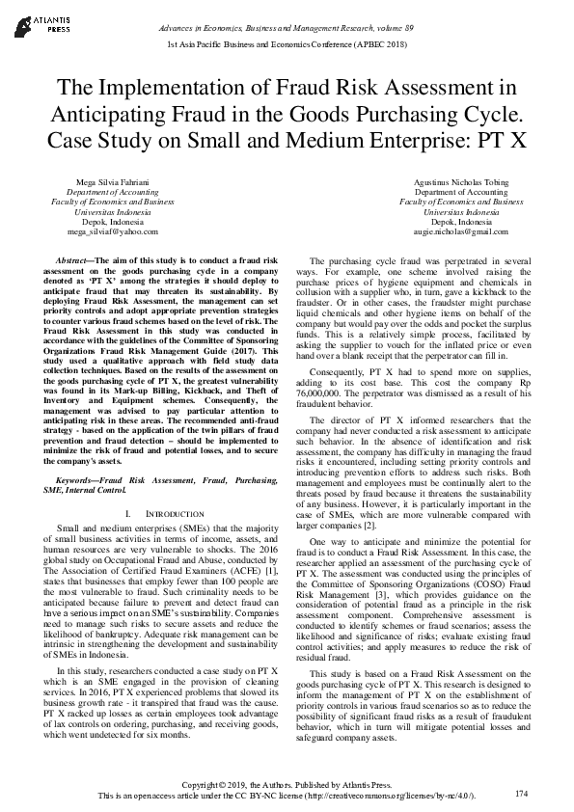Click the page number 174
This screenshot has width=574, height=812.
click(x=522, y=793)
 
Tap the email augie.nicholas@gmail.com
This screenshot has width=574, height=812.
click(x=461, y=232)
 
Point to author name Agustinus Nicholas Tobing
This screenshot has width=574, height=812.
click(x=461, y=182)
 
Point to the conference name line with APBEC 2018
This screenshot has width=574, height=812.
click(x=287, y=45)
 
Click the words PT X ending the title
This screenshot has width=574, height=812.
click(x=504, y=138)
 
